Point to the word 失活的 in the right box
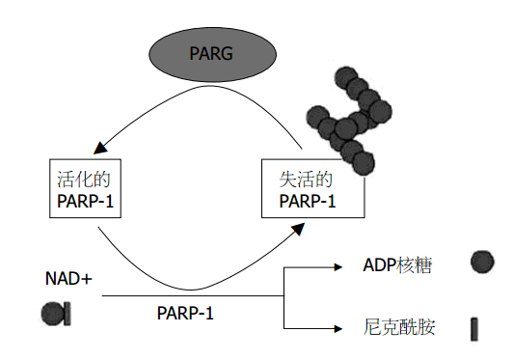(x=306, y=180)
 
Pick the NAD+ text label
(x=69, y=280)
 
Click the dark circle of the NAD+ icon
(x=52, y=312)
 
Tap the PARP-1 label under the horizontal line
(x=185, y=315)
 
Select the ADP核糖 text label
(x=396, y=264)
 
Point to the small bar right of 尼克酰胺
(x=474, y=329)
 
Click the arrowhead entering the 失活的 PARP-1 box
(x=301, y=225)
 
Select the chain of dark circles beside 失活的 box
(x=345, y=121)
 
